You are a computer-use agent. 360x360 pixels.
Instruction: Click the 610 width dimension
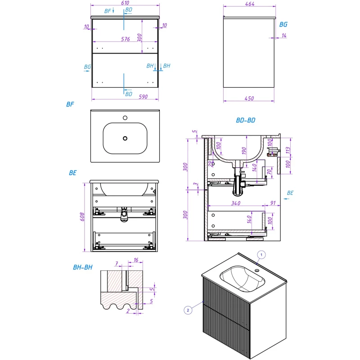tap(126, 2)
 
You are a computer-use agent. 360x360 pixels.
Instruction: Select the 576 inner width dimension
tap(126, 39)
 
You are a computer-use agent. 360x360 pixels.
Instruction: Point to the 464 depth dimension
tap(250, 4)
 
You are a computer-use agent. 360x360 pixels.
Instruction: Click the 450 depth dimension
tap(249, 99)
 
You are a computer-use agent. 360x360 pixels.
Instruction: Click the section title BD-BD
tap(246, 121)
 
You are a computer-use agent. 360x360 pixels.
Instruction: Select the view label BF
tap(70, 104)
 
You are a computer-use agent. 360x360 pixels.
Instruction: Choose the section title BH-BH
tap(82, 267)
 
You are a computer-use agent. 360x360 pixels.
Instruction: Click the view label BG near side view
tap(283, 25)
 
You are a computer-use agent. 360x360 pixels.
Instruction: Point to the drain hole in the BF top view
tap(126, 138)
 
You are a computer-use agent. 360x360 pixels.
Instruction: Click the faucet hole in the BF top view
tap(126, 118)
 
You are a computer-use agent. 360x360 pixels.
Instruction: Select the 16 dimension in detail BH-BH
tap(135, 260)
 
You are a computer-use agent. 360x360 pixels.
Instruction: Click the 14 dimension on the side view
tap(284, 35)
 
